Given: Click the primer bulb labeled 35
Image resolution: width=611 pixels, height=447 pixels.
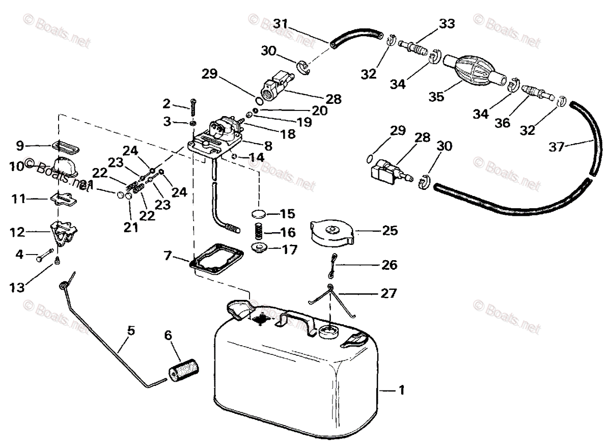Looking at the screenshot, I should pos(471,71).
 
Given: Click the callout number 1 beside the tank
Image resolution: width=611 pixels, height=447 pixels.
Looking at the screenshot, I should pos(402,390).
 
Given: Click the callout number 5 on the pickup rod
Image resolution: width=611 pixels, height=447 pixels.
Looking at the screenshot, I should pos(131,331).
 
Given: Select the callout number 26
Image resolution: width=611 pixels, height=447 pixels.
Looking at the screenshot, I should pos(389,265).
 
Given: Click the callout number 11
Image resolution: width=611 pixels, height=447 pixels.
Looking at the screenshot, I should pos(18,199).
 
